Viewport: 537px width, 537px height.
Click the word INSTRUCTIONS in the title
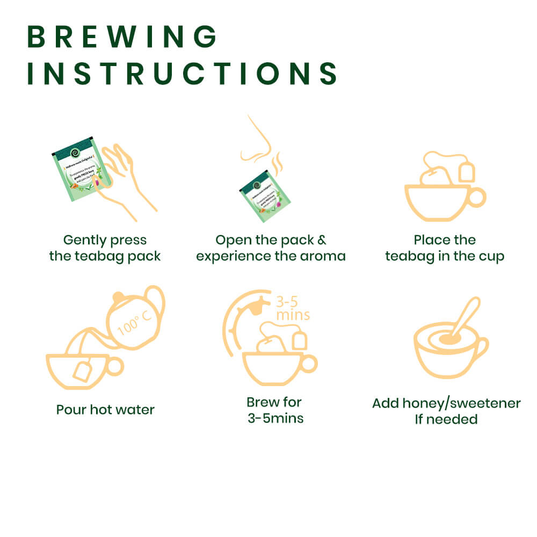click(x=182, y=74)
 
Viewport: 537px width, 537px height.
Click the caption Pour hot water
click(x=105, y=410)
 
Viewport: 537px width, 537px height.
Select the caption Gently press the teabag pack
click(x=105, y=248)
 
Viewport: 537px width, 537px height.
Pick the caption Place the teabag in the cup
click(x=445, y=248)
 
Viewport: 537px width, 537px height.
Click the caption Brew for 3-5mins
click(x=275, y=410)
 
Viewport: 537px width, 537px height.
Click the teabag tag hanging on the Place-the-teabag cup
click(x=467, y=172)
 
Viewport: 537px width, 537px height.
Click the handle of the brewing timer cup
click(x=309, y=364)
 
